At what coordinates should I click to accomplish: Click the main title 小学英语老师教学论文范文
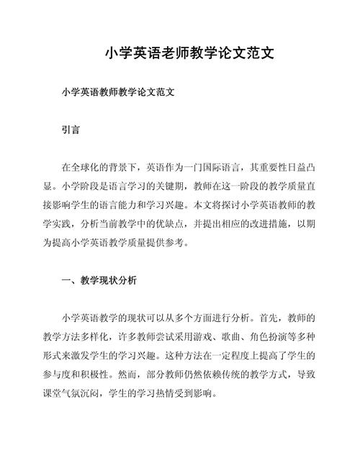179,54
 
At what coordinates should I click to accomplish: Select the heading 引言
71,132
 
